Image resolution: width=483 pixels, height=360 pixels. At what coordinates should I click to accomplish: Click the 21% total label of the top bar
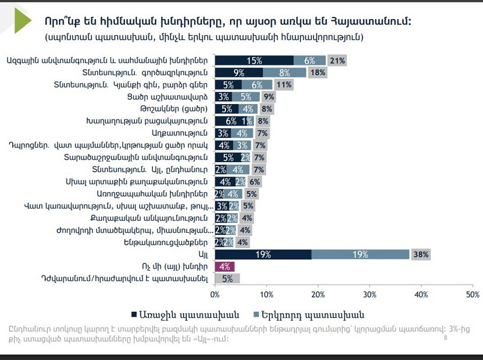pos(337,61)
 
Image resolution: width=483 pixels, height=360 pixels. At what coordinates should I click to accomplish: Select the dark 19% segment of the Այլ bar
pos(263,254)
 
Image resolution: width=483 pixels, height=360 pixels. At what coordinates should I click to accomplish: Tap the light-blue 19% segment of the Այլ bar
pos(360,254)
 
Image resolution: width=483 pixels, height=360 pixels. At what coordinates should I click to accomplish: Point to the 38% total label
pos(420,254)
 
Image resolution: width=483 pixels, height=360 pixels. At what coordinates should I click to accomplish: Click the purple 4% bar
pos(225,267)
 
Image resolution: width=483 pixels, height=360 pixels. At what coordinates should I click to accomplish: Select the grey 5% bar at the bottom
pos(228,279)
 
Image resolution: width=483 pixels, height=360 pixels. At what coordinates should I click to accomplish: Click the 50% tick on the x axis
pos(472,295)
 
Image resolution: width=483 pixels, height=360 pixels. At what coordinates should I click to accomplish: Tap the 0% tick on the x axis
pos(215,295)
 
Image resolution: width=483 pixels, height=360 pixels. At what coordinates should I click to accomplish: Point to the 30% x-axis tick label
pos(369,295)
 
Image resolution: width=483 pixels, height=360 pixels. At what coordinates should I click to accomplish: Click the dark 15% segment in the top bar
pos(254,61)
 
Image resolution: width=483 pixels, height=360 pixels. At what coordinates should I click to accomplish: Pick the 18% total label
pos(318,72)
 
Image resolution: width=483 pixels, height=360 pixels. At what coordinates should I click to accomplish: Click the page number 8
pos(445,338)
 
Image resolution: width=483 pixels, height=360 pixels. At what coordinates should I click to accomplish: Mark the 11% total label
pos(284,85)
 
